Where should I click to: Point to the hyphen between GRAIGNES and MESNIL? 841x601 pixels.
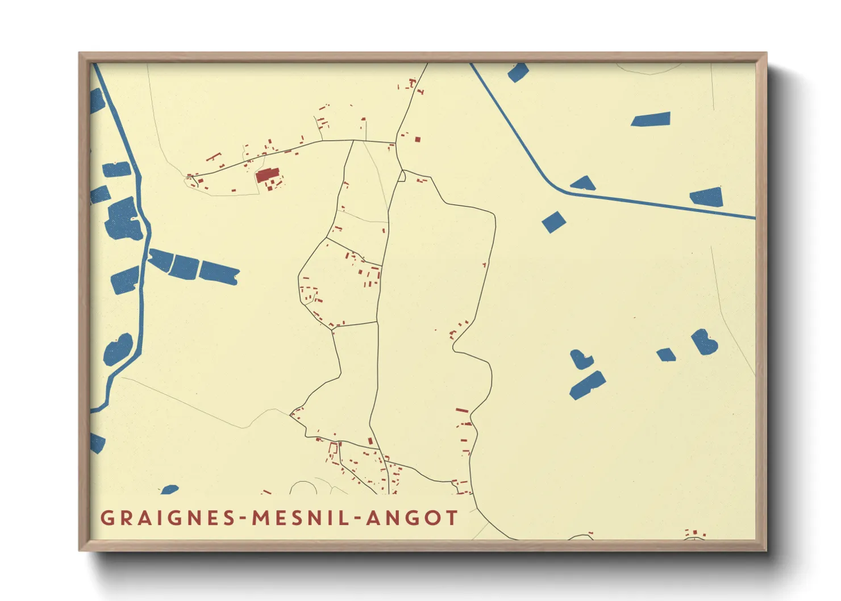point(244,519)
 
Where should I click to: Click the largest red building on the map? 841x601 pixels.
point(267,174)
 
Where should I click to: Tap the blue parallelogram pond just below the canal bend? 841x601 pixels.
point(553,222)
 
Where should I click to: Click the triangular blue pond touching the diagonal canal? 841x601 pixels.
point(583,183)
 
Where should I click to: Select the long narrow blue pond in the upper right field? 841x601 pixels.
point(651,119)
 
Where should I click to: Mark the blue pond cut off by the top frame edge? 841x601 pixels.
point(518,72)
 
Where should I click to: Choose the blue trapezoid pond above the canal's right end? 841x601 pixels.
point(707,197)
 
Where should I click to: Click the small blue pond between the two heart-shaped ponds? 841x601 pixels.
point(666,355)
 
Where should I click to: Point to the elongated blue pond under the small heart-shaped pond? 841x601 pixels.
point(587,386)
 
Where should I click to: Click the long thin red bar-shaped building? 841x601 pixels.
point(462,410)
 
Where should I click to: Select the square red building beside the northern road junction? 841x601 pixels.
point(418,139)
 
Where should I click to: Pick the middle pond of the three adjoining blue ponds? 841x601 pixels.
point(185,266)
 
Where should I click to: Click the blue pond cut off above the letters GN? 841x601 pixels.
point(169,489)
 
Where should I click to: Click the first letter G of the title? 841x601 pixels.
point(106,518)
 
